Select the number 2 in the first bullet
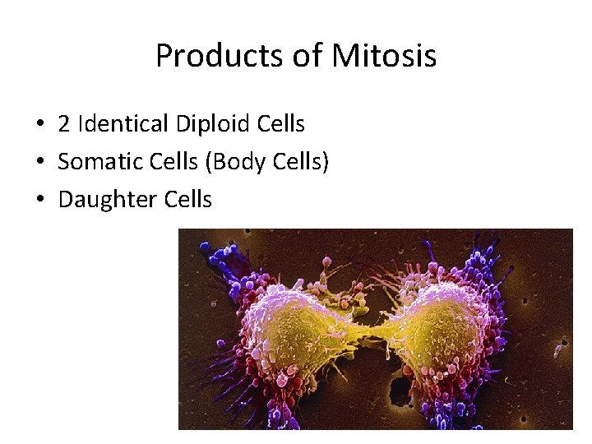pyautogui.click(x=63, y=124)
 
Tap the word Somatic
pyautogui.click(x=95, y=162)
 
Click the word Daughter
pyautogui.click(x=101, y=200)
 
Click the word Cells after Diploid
pyautogui.click(x=279, y=124)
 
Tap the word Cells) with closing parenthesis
pyautogui.click(x=299, y=162)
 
